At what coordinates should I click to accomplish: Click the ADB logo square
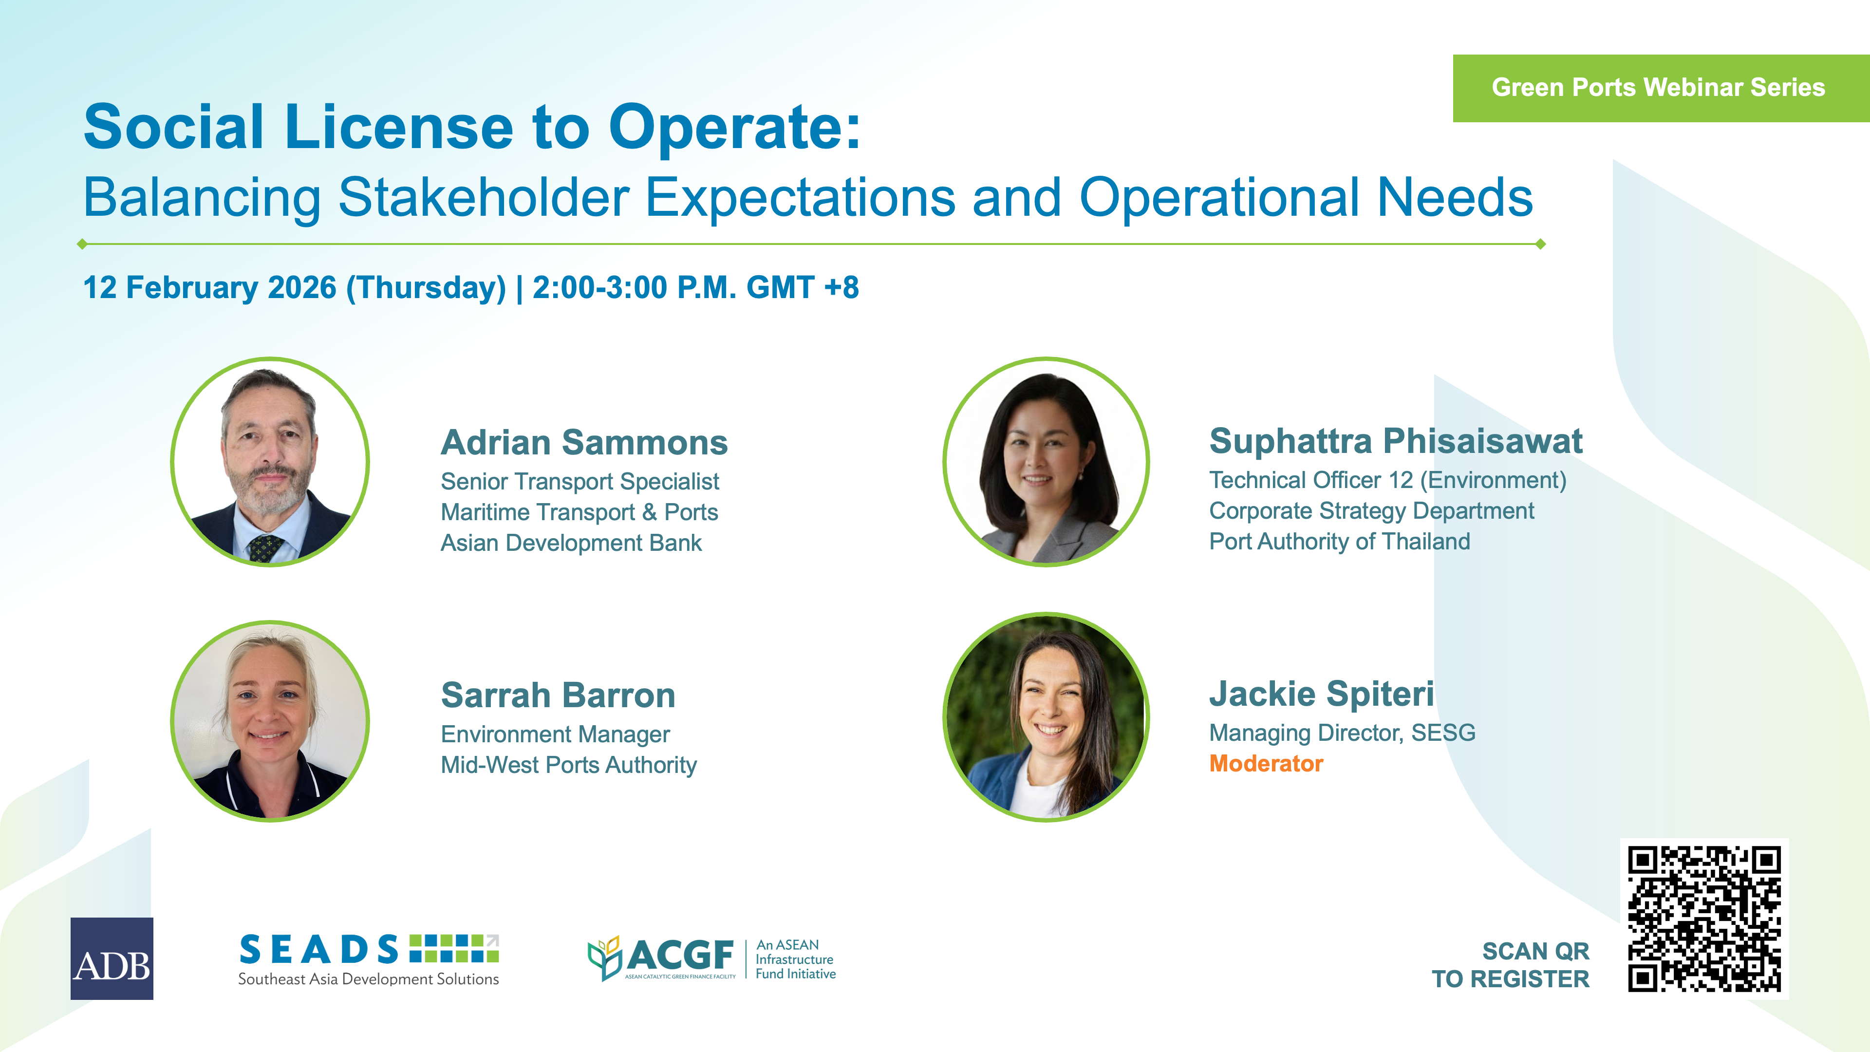(x=112, y=958)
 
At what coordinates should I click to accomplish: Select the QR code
(x=1704, y=919)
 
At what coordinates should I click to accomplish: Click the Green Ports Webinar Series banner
(x=1661, y=88)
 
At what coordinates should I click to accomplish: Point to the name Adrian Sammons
(x=584, y=442)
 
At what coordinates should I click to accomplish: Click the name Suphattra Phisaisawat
(x=1395, y=441)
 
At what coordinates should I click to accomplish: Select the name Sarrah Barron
(x=558, y=695)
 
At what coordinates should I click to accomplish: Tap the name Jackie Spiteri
(x=1321, y=694)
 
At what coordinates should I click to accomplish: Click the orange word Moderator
(x=1266, y=764)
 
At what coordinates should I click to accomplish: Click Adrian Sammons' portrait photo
(x=270, y=462)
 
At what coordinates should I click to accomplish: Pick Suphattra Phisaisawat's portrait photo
(x=1046, y=462)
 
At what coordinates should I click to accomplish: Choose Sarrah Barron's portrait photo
(x=270, y=721)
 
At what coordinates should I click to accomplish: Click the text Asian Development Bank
(x=571, y=543)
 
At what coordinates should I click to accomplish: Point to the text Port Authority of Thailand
(x=1339, y=542)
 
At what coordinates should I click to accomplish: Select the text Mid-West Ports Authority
(x=568, y=765)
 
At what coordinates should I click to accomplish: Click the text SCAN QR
(x=1535, y=951)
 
